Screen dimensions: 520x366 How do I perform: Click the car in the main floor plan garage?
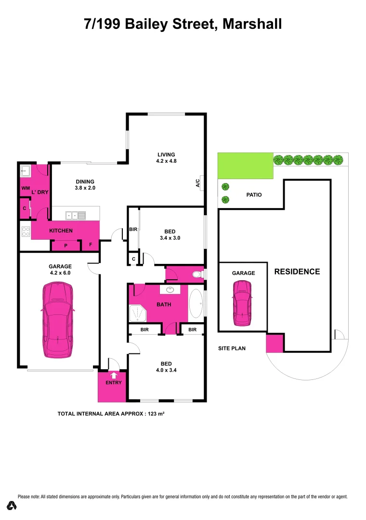point(57,320)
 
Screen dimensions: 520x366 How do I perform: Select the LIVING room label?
point(166,155)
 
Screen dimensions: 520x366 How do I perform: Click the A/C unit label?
point(198,183)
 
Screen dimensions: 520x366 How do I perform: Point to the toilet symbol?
point(196,274)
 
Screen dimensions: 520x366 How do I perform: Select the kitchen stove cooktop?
point(25,231)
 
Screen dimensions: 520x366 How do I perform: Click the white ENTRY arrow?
point(114,375)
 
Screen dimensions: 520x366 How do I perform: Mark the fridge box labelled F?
point(91,245)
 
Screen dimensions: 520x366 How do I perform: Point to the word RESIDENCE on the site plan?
point(297,272)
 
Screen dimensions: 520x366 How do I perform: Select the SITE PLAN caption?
point(232,348)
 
